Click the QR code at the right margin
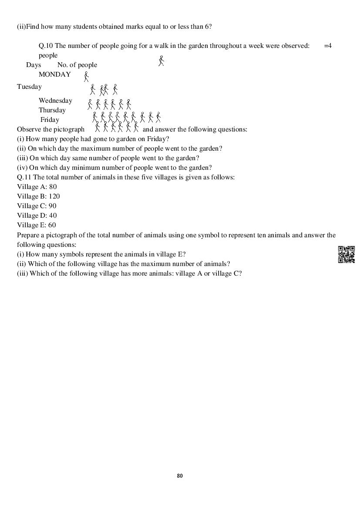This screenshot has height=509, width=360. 346,254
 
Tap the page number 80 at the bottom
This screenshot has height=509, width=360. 180,476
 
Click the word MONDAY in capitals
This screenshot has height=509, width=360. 54,74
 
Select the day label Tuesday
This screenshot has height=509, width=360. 29,87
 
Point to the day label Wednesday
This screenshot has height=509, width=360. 55,101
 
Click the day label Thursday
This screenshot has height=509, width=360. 52,110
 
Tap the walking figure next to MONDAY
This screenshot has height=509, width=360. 86,77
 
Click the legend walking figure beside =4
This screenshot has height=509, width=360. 161,61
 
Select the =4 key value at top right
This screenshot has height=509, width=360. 328,46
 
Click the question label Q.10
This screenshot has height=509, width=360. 46,46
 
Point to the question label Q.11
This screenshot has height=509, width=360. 24,177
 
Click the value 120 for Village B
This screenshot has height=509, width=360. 54,196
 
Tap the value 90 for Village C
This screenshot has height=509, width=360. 52,206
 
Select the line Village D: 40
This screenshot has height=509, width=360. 37,216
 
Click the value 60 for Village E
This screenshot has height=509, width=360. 52,225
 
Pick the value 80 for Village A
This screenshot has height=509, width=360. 53,187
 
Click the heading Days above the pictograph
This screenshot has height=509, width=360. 33,65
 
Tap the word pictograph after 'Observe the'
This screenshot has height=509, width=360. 69,129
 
